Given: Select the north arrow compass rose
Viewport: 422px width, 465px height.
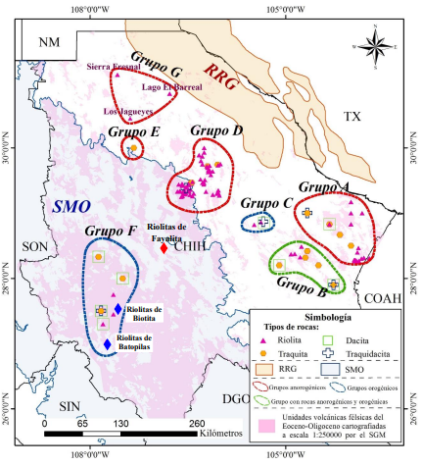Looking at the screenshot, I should [x=378, y=45].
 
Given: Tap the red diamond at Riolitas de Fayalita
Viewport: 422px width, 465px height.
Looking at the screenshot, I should [x=164, y=248].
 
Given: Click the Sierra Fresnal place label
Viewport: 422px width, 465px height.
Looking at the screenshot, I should [x=114, y=67].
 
